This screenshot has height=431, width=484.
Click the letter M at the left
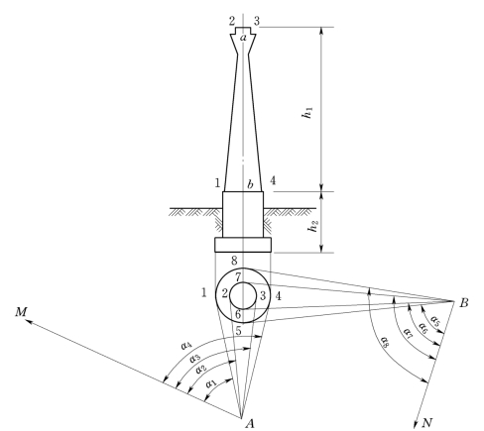(x=21, y=312)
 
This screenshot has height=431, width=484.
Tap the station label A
(x=250, y=423)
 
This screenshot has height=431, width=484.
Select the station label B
(x=464, y=302)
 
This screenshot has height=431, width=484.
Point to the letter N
(x=427, y=422)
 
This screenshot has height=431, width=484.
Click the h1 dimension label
(x=307, y=113)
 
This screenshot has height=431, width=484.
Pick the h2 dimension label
(x=312, y=225)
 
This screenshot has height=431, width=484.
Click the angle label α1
(x=211, y=383)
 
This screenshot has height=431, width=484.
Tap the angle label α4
(x=186, y=346)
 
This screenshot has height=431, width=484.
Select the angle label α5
(x=435, y=321)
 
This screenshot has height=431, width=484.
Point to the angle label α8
(x=385, y=342)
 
